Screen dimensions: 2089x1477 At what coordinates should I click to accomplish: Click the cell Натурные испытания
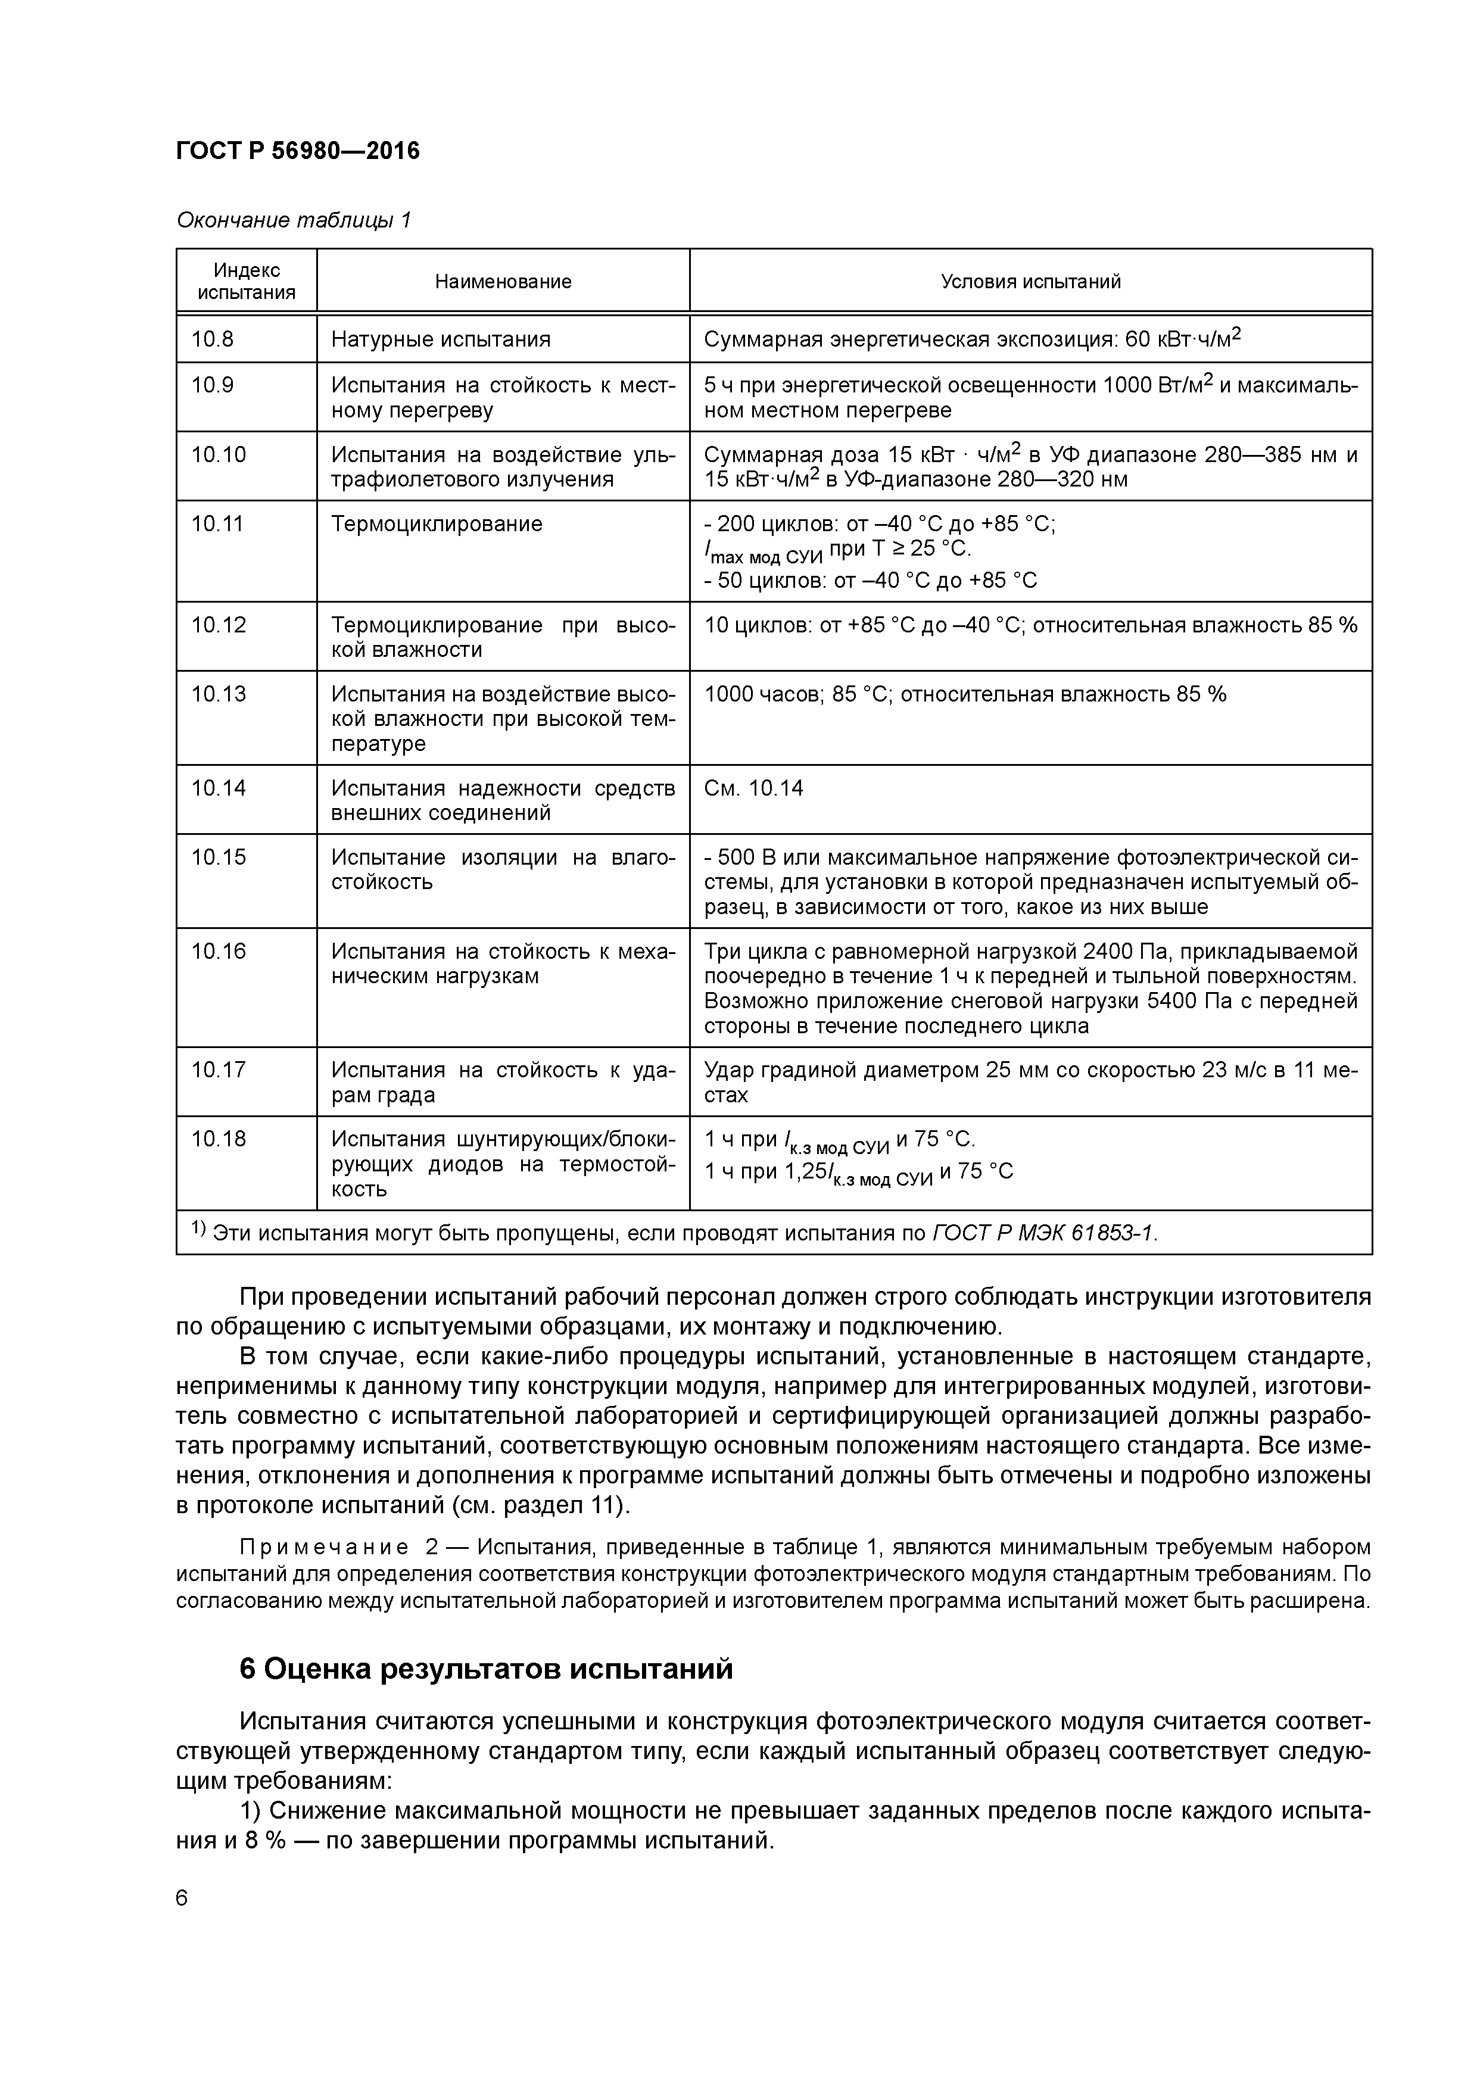point(441,340)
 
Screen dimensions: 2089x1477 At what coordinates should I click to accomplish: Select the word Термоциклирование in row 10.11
point(436,524)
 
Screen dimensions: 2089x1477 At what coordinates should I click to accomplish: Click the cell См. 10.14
point(753,788)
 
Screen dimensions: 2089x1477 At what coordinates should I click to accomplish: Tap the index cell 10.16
point(219,952)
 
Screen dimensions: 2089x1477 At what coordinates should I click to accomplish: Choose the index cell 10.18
point(219,1139)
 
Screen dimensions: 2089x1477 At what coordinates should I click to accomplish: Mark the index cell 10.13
point(219,694)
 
